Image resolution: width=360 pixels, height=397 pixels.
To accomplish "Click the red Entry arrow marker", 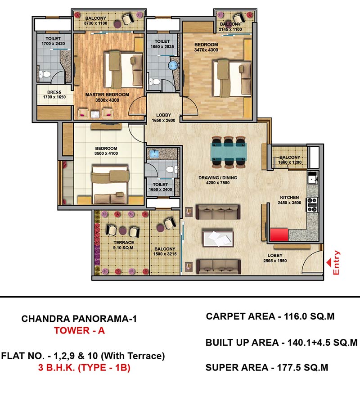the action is coord(329,262).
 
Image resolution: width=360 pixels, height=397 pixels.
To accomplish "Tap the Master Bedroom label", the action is coord(107,95).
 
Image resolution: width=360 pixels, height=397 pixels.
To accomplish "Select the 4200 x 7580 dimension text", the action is coord(218,183).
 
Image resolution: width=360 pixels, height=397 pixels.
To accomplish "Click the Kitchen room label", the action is coord(289,197).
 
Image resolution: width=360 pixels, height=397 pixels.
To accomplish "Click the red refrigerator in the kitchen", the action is coord(279,235).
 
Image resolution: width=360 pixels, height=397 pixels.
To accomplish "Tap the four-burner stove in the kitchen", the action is coord(312,205).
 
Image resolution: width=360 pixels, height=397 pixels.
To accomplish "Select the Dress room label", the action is coord(54,92).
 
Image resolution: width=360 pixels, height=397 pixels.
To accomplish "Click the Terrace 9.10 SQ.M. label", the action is coord(124,245).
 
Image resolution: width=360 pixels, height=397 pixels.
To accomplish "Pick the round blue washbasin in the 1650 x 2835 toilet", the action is coord(173,65).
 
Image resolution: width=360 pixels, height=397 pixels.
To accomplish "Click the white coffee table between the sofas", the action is coord(218,238).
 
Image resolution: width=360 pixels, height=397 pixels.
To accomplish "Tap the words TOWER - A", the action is coord(79,330).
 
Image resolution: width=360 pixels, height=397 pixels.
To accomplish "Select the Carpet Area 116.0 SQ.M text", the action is coord(270,316).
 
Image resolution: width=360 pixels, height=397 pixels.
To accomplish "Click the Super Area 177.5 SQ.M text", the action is coord(267,367).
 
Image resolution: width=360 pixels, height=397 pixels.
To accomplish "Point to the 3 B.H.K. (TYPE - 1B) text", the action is coord(84,367).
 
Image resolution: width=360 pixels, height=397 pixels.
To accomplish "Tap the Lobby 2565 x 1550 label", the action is coord(275,258).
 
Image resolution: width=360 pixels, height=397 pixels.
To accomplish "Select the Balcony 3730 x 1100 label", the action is coord(95,21).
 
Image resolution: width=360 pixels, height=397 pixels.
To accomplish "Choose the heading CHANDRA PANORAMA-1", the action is coord(79,319).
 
